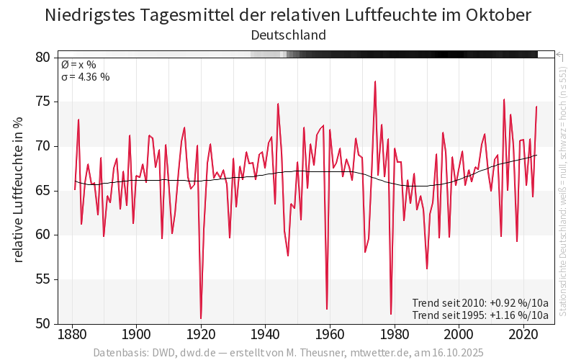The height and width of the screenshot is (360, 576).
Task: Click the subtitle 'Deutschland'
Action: coord(288,35)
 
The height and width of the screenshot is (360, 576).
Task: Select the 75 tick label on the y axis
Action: coord(43,102)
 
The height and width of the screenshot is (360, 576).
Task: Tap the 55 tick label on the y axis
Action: coord(43,279)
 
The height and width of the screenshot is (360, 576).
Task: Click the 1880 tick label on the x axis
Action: coord(72,335)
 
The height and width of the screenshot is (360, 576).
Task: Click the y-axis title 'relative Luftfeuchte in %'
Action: coord(19,190)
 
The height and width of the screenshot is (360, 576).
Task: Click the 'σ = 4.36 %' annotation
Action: coord(85,77)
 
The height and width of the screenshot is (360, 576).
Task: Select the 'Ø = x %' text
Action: coord(78,65)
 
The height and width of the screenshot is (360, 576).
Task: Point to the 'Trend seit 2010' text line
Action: coord(480,303)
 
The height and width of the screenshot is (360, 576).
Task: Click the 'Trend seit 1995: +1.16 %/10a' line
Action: coord(480,315)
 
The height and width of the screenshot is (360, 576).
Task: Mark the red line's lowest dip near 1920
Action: coord(201,318)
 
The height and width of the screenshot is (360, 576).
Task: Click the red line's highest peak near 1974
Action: coord(375,81)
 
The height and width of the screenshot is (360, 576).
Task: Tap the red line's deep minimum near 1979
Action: coord(391,313)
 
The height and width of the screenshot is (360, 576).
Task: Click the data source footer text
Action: coord(288,353)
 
